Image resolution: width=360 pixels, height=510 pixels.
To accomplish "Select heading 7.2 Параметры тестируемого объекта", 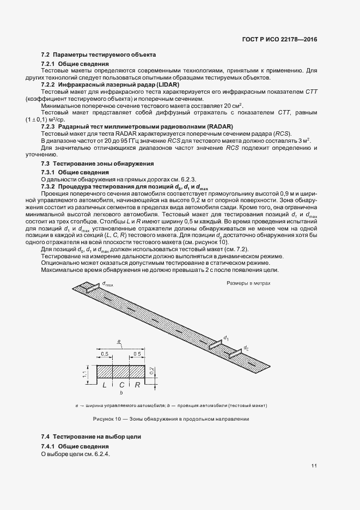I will [99, 55].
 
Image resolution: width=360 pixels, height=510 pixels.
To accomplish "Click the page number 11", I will [314, 465].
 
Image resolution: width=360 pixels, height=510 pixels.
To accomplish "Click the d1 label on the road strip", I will [225, 338].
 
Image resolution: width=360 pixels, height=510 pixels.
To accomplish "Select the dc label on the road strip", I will [246, 347].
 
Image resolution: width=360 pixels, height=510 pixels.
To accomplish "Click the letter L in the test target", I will [104, 385].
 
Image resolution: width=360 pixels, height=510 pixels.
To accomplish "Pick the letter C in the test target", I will [121, 385].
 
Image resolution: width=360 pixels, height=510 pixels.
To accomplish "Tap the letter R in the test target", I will [138, 385].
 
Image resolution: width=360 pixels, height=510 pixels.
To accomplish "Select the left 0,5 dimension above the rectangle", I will [105, 354].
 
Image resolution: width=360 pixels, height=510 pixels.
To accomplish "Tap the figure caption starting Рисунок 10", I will [170, 419].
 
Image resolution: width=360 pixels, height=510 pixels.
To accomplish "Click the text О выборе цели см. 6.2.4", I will [76, 453].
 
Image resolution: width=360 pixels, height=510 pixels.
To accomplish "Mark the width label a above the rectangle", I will [119, 342].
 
